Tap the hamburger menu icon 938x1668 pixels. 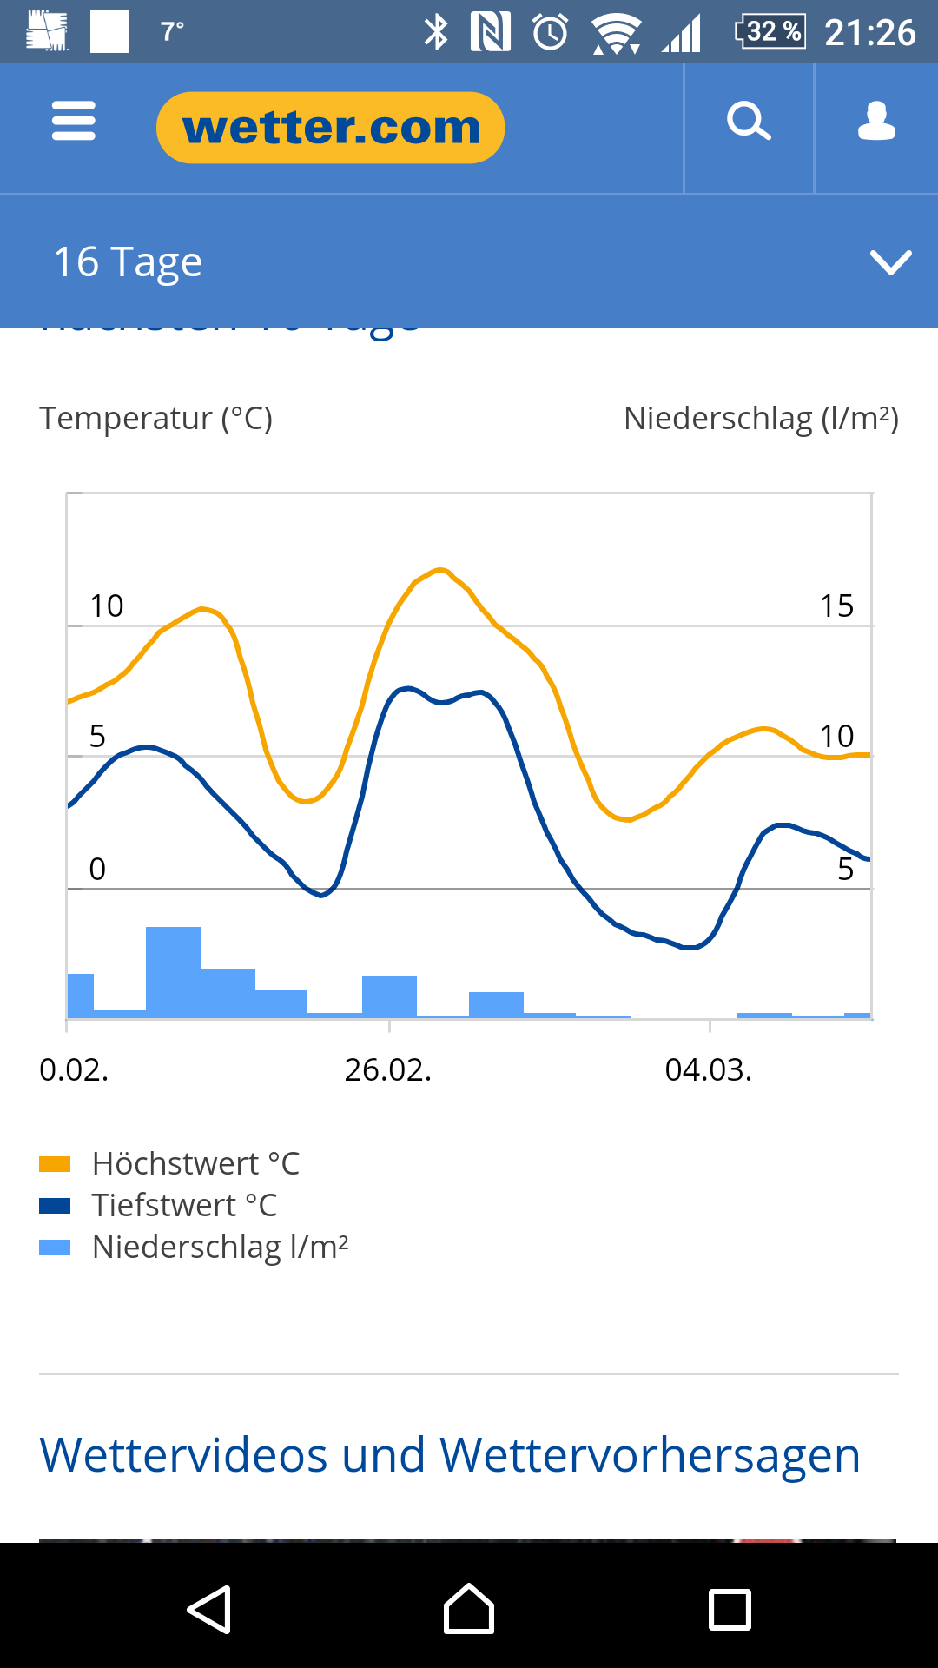[74, 121]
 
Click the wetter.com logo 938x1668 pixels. [330, 128]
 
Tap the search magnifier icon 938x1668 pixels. [749, 122]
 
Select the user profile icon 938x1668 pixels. [876, 122]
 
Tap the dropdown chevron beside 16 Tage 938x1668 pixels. [890, 262]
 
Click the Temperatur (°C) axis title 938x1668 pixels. [156, 419]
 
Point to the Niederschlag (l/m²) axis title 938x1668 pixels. [761, 419]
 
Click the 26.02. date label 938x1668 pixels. [387, 1069]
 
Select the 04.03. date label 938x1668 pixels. [708, 1069]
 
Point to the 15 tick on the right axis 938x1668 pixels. [836, 606]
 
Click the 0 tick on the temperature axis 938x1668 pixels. [97, 869]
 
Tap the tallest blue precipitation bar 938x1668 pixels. [173, 970]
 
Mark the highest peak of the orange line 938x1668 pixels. [441, 570]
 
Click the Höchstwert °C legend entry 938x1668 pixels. [195, 1163]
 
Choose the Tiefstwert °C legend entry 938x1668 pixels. [184, 1205]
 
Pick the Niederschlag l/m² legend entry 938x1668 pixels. [220, 1247]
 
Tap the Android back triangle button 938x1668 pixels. [209, 1610]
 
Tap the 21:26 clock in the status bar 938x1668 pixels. [869, 32]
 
